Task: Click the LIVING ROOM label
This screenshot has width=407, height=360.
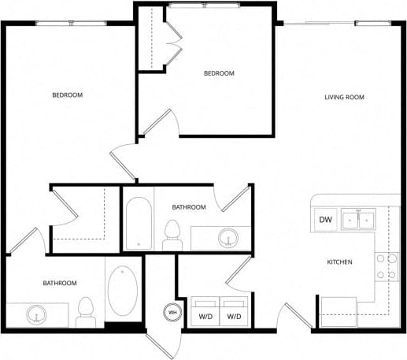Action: click(346, 98)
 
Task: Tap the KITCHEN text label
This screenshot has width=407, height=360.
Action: click(339, 262)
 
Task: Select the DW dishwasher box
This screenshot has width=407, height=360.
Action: click(325, 221)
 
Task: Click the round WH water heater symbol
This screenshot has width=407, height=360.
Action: click(171, 313)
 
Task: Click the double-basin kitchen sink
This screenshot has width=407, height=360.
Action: click(360, 220)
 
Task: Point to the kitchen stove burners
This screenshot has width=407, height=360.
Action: click(385, 267)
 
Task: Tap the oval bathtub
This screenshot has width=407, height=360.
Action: click(122, 291)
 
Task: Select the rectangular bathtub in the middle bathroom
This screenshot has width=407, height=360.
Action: click(135, 224)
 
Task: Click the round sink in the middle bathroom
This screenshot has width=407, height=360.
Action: click(229, 236)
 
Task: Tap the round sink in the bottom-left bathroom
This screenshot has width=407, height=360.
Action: click(35, 315)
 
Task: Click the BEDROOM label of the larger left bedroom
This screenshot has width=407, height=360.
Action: click(67, 95)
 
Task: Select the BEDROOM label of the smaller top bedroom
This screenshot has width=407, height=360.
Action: click(219, 73)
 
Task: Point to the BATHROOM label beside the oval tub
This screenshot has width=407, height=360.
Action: click(59, 283)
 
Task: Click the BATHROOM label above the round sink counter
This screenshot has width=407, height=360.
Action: click(189, 207)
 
